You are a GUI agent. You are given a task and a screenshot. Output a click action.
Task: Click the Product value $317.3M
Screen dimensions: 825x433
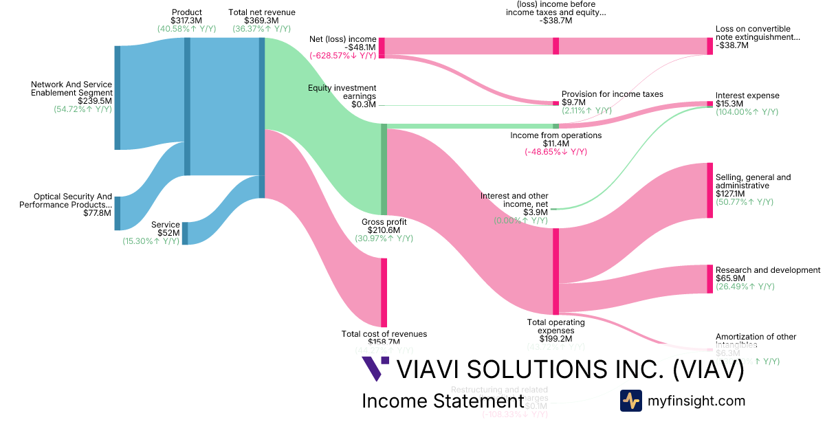(186, 21)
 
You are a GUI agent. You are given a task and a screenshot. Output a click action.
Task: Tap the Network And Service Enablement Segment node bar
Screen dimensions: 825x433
(117, 98)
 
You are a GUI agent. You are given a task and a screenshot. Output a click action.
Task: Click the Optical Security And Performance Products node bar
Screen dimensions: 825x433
(117, 213)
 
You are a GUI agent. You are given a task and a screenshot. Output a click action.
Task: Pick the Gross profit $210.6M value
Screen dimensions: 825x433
(384, 230)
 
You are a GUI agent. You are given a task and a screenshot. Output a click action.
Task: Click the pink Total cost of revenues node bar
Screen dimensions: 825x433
(384, 292)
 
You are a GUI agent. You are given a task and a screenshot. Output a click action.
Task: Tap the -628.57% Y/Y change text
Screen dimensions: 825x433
(342, 56)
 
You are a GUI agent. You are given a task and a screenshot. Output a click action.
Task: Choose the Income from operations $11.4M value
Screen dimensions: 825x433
(555, 144)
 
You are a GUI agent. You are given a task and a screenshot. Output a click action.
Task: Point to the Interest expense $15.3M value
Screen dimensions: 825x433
(729, 104)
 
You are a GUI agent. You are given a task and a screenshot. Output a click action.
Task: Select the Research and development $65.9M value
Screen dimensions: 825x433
(729, 278)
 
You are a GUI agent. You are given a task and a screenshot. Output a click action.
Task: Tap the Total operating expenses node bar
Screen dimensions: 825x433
(555, 271)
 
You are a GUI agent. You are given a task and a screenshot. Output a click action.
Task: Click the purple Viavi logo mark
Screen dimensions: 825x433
(375, 369)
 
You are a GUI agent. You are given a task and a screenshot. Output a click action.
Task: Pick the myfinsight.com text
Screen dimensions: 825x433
(696, 401)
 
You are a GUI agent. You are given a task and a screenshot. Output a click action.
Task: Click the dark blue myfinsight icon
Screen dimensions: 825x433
(630, 401)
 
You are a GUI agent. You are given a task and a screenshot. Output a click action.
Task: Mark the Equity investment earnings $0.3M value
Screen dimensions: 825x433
(364, 104)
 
